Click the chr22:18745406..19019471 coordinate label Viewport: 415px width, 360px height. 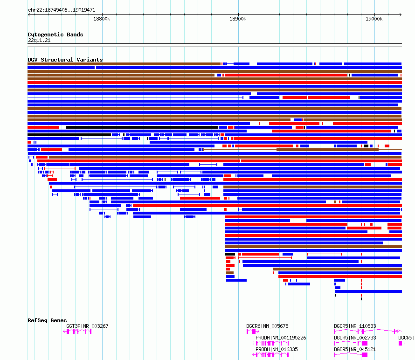[62, 9]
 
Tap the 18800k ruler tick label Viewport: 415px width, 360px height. [102, 19]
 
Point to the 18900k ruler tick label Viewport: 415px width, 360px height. [238, 19]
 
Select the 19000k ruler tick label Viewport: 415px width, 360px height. [374, 19]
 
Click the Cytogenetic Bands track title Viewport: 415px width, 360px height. [55, 35]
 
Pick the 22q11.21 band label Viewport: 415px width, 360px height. [39, 40]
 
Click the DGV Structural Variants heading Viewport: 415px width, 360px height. [65, 60]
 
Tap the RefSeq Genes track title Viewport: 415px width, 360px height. [47, 320]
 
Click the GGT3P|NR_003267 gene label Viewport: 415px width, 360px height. [87, 326]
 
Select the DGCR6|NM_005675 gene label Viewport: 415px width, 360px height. [267, 326]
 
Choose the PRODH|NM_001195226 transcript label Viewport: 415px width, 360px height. [281, 338]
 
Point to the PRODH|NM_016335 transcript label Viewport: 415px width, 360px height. [277, 349]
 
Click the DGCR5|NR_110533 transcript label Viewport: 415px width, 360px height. [355, 326]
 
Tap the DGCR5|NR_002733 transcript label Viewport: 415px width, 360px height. [355, 338]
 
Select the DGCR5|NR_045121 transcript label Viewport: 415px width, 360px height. [355, 349]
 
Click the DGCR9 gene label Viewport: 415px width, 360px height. [406, 338]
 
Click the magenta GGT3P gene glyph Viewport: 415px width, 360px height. [77, 331]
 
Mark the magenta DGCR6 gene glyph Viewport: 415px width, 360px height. [250, 331]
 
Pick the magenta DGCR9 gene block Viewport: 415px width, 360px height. [401, 343]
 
